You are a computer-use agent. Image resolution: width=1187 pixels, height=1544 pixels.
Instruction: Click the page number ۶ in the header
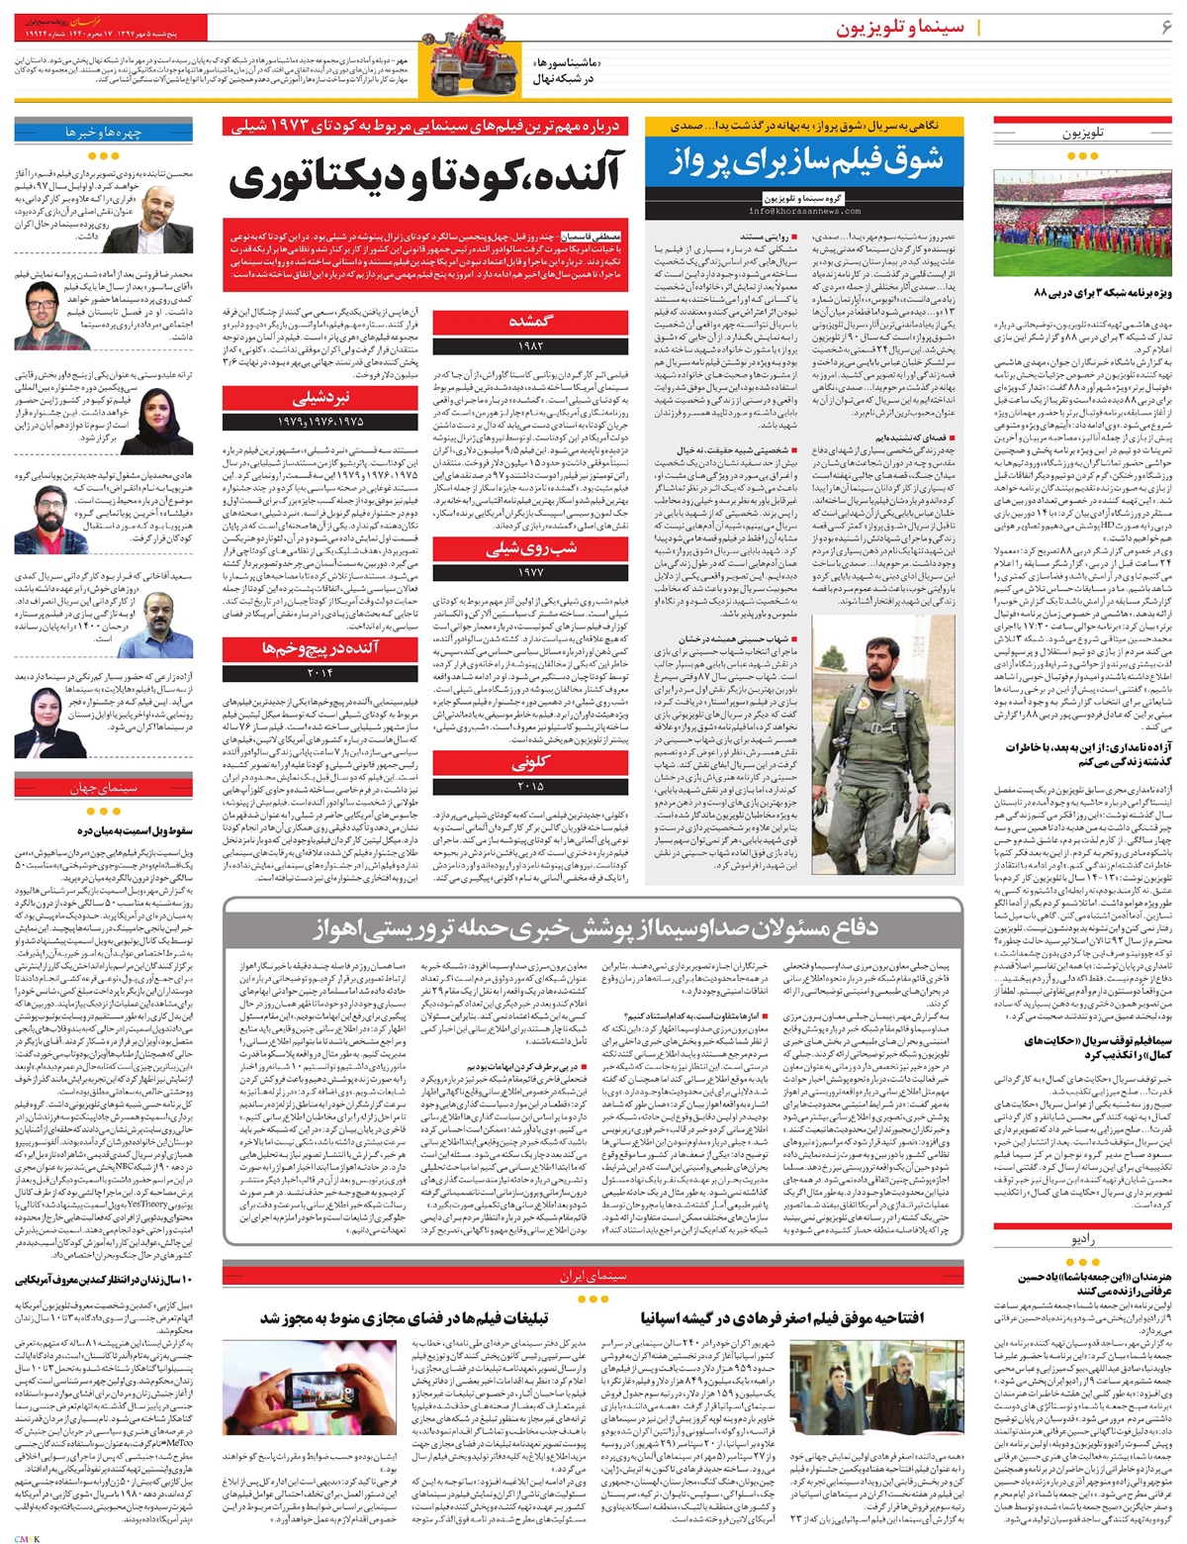click(x=1166, y=27)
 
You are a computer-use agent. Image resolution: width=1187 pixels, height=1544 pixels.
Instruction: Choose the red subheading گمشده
click(x=530, y=322)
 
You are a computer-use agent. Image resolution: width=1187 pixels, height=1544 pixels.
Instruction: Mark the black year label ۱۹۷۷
click(x=530, y=571)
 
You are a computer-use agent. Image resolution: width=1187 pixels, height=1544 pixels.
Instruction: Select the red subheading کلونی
click(x=530, y=764)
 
